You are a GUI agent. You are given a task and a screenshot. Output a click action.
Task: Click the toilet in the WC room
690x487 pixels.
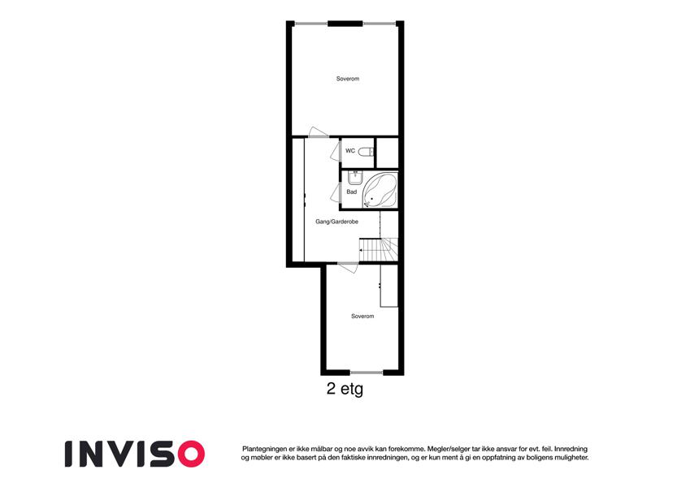366,152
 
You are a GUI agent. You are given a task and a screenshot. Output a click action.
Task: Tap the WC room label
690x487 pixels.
350,151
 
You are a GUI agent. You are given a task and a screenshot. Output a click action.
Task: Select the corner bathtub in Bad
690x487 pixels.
380,190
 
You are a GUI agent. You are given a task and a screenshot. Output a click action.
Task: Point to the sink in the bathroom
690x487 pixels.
354,178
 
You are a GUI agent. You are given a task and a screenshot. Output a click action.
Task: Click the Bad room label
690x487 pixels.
352,192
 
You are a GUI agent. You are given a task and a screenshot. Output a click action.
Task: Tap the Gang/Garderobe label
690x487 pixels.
336,222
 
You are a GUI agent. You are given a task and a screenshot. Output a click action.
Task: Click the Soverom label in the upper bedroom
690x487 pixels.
348,79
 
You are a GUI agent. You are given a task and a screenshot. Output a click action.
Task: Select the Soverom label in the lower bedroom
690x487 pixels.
362,316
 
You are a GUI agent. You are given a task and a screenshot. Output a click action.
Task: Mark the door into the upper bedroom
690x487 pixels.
318,132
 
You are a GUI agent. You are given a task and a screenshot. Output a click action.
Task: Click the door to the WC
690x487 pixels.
336,151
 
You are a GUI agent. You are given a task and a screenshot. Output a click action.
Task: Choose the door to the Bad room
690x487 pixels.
336,193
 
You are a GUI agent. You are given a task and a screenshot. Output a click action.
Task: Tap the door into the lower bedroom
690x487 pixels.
348,267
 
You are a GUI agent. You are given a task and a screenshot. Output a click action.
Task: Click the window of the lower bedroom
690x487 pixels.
366,373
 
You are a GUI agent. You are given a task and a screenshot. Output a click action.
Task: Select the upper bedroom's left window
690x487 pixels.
311,24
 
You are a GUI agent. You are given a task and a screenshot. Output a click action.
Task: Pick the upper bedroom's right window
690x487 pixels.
380,24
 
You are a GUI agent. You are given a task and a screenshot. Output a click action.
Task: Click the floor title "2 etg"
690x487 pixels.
345,389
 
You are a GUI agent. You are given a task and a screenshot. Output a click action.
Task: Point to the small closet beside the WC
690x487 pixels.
387,153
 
